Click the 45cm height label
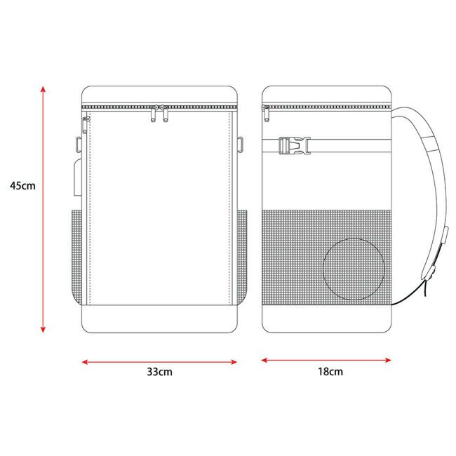(x=22, y=185)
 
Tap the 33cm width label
(x=159, y=372)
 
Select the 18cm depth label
(x=330, y=371)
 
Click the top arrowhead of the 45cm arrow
(x=43, y=89)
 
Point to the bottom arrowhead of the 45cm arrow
(x=43, y=329)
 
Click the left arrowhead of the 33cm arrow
(x=85, y=362)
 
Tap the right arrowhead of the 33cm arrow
(x=234, y=362)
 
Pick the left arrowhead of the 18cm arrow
(x=264, y=361)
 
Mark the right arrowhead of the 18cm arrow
(x=388, y=361)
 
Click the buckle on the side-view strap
(x=295, y=145)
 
